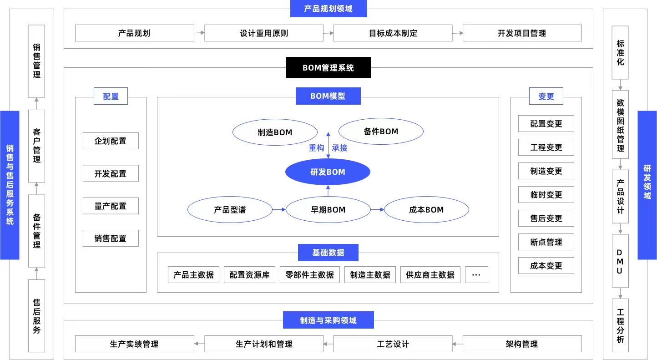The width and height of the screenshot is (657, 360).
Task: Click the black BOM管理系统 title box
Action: click(328, 67)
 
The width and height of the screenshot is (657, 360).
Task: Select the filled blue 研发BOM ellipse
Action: click(328, 172)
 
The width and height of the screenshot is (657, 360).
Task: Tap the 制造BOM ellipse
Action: click(275, 132)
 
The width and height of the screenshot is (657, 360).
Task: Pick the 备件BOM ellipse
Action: click(381, 131)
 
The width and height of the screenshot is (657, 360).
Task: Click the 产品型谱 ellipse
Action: click(230, 209)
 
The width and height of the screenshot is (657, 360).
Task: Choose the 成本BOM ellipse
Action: click(426, 209)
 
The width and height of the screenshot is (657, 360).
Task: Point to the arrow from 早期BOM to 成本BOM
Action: click(377, 209)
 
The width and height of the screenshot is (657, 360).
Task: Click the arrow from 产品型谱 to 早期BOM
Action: click(279, 209)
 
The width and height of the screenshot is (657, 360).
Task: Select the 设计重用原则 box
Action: click(264, 33)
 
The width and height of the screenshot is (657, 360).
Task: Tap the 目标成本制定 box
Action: click(393, 33)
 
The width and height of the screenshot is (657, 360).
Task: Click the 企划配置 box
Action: click(111, 141)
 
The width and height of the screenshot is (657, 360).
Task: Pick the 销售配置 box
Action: click(111, 238)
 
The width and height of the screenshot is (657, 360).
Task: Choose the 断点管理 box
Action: click(546, 242)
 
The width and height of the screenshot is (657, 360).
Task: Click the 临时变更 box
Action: click(546, 194)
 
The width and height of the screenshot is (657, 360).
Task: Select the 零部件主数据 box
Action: click(310, 274)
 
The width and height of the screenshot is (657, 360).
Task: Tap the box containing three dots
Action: click(476, 274)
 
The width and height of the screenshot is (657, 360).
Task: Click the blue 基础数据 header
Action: click(328, 252)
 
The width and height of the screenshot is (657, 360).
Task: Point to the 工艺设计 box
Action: click(393, 344)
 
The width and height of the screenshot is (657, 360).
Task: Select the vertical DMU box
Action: click(620, 261)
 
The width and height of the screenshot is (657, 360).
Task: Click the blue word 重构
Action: click(316, 147)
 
